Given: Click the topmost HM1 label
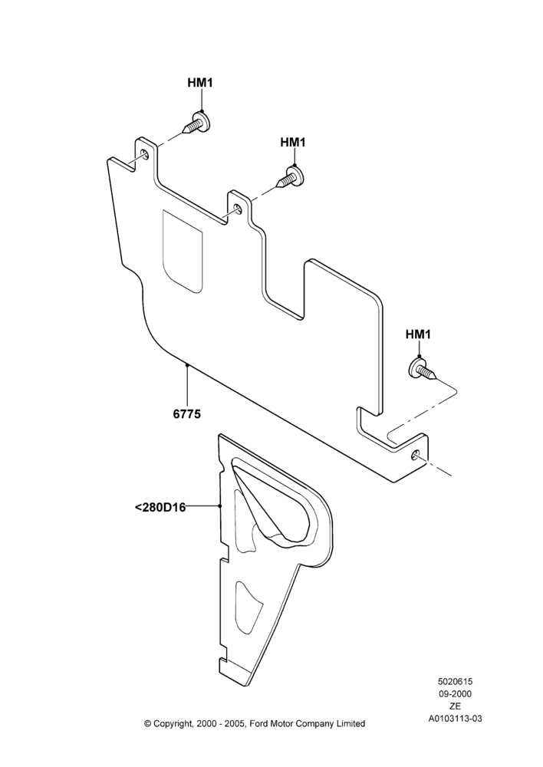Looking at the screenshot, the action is pyautogui.click(x=200, y=83).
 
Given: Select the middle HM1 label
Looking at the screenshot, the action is pyautogui.click(x=293, y=142).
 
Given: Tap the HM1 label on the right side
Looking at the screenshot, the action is pyautogui.click(x=418, y=334).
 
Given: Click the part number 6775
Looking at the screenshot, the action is pyautogui.click(x=187, y=414).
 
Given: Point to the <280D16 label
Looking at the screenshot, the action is pyautogui.click(x=160, y=507).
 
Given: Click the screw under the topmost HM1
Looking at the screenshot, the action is pyautogui.click(x=196, y=123).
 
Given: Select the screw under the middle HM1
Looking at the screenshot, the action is pyautogui.click(x=291, y=178).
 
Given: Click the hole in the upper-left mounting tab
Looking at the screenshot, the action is pyautogui.click(x=145, y=155).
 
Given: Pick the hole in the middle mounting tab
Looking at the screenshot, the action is pyautogui.click(x=238, y=209).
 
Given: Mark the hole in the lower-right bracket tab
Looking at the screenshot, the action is pyautogui.click(x=416, y=455).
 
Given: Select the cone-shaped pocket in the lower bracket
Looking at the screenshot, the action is pyautogui.click(x=271, y=505).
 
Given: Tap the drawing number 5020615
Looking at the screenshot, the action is pyautogui.click(x=455, y=681).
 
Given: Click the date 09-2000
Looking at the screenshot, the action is pyautogui.click(x=455, y=693).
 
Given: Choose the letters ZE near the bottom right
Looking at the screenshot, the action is pyautogui.click(x=455, y=706).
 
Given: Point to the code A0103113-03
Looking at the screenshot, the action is pyautogui.click(x=455, y=718).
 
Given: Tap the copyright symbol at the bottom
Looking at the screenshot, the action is pyautogui.click(x=147, y=723).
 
